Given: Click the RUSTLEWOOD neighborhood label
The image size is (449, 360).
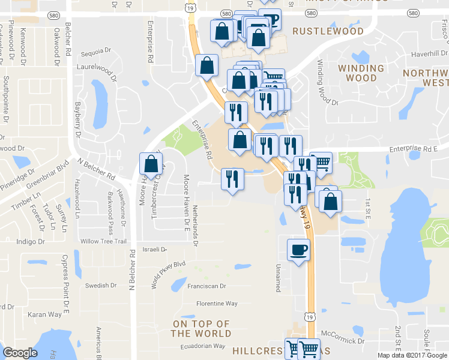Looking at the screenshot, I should click(x=328, y=31).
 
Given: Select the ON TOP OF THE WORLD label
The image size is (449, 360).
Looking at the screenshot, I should click(x=201, y=329).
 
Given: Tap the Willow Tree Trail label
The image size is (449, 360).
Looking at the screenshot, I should click(x=103, y=241).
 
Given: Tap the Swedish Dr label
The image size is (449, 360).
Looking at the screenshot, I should click(x=99, y=286).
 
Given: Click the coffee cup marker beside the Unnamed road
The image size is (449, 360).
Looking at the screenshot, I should click(x=298, y=250).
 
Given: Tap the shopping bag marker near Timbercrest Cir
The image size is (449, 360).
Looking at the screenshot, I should click(x=151, y=163).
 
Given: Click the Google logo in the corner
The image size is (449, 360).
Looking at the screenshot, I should click(x=20, y=353).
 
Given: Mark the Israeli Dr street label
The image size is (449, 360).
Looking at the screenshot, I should click(x=154, y=249).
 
